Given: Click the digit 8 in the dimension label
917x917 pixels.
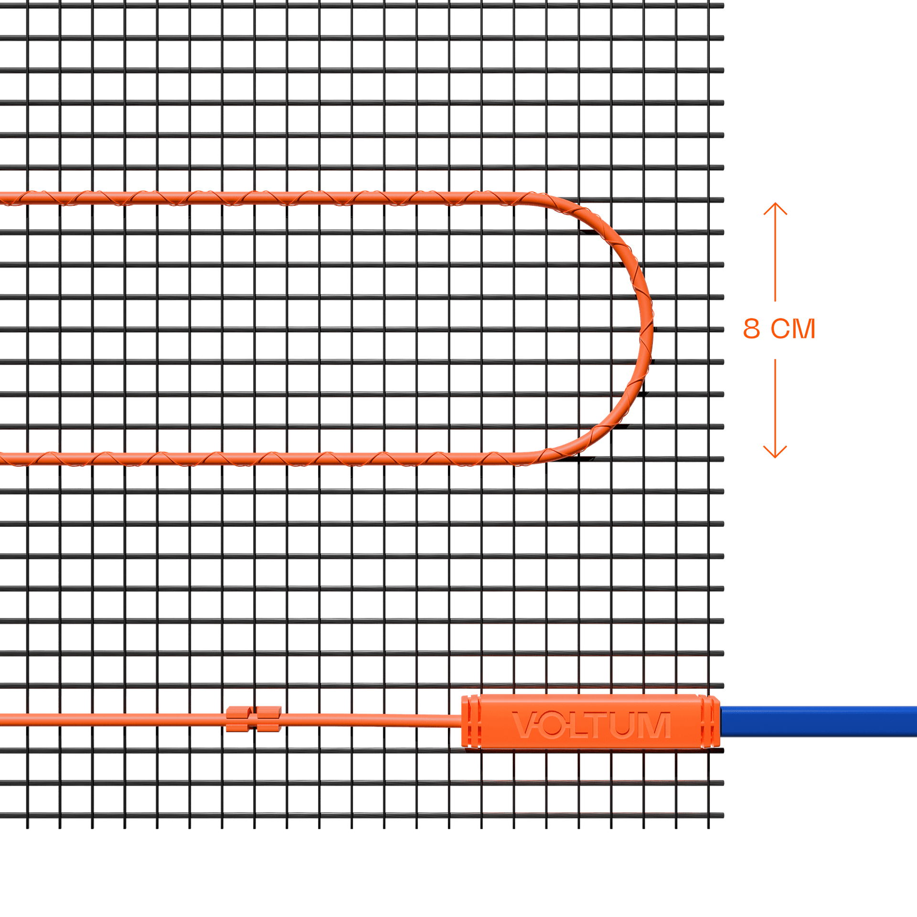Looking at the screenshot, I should pyautogui.click(x=751, y=329).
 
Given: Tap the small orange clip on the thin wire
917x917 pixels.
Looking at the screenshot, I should pyautogui.click(x=253, y=719).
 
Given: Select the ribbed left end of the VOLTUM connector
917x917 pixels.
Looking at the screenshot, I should pyautogui.click(x=471, y=721).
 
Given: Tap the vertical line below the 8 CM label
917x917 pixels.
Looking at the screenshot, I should pyautogui.click(x=775, y=401).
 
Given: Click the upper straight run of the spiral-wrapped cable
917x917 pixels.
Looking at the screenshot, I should pyautogui.click(x=287, y=198).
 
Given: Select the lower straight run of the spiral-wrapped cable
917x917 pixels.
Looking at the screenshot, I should pyautogui.click(x=287, y=459).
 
